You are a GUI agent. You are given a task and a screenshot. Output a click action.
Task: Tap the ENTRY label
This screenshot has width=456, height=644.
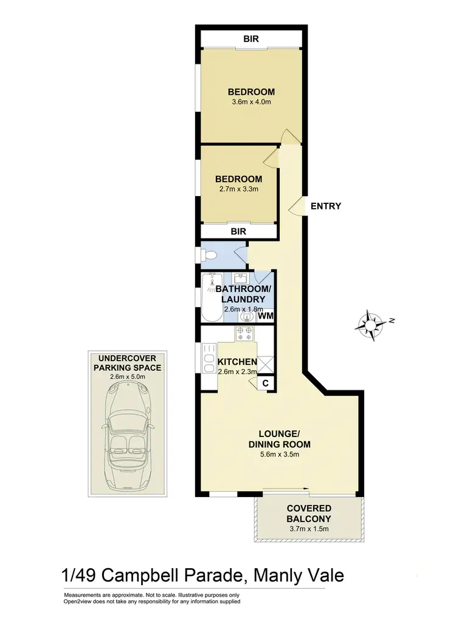pos(326,206)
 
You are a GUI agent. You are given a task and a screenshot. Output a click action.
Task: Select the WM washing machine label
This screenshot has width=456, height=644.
pos(264,316)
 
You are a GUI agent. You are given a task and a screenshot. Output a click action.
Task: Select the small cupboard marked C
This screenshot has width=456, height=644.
pos(265,384)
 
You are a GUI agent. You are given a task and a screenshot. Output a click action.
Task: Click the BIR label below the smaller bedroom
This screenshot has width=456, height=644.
pos(238,231)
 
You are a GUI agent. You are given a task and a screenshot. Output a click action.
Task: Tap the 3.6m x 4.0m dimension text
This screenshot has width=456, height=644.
pos(251,102)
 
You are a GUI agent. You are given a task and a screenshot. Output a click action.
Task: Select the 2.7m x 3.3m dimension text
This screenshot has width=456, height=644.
pos(238,189)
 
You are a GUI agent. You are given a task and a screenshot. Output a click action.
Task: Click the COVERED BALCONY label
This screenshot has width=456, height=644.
pos(309,514)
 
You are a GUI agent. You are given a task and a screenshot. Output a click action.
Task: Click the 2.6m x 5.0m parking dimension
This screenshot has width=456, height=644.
pos(128,376)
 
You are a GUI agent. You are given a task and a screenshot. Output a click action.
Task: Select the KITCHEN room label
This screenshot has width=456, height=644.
pos(237,362)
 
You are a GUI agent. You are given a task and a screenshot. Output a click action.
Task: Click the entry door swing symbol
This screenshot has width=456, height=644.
pos(296,206)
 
